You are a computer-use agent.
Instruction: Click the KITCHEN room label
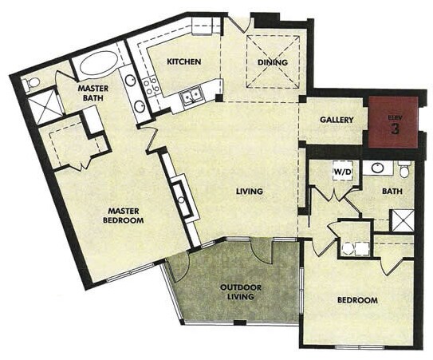point(183,61)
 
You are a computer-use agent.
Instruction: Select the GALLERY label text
point(337,120)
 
